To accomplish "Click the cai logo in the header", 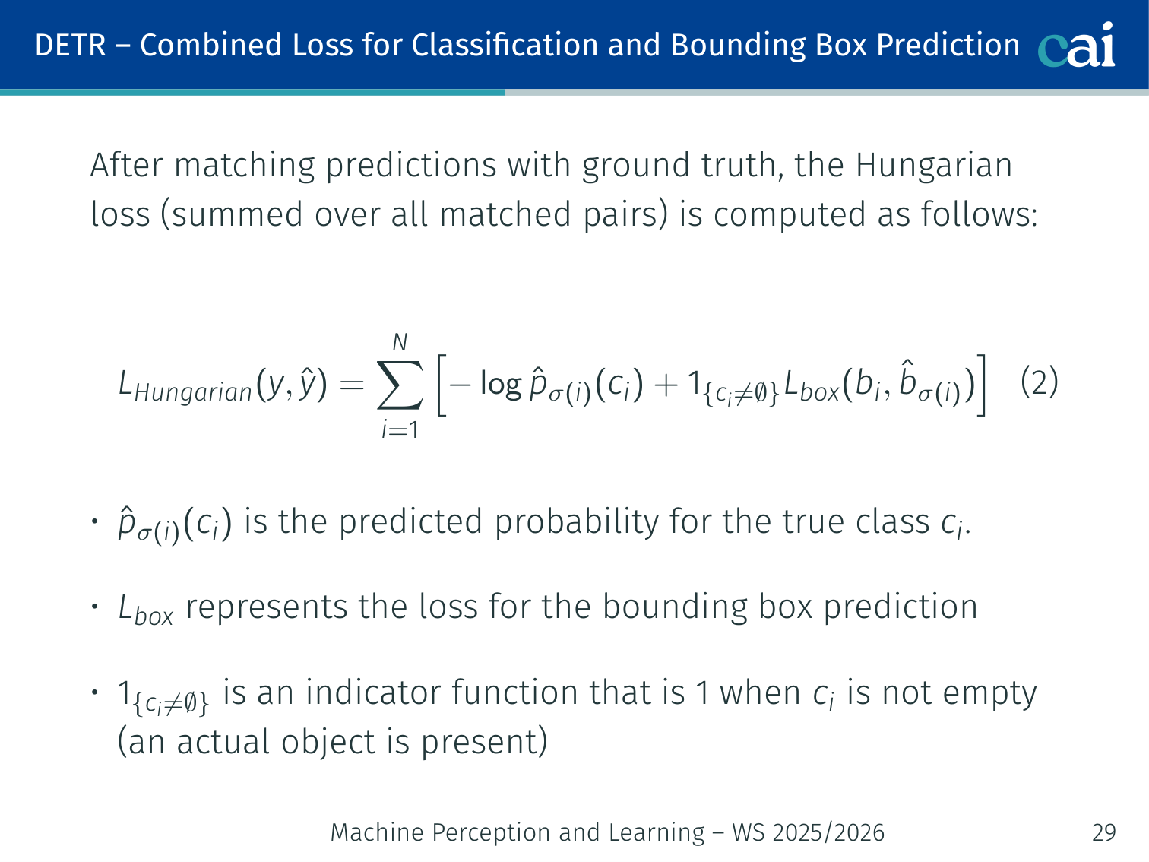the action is pyautogui.click(x=1076, y=45).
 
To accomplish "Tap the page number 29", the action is pyautogui.click(x=1104, y=832).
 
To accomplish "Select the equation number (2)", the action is pyautogui.click(x=1040, y=382).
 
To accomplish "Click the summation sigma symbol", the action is pyautogui.click(x=400, y=385).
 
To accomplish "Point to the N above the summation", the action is pyautogui.click(x=400, y=343).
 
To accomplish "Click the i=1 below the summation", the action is pyautogui.click(x=400, y=430).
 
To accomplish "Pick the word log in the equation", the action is pyautogui.click(x=501, y=385).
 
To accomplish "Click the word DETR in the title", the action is pyautogui.click(x=71, y=45).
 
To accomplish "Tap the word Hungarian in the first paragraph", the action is pyautogui.click(x=933, y=166).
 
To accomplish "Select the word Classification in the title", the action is pyautogui.click(x=505, y=45).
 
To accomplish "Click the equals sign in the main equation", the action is pyautogui.click(x=352, y=385).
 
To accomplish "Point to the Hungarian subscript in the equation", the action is pyautogui.click(x=192, y=392).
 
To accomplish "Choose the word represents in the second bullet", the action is pyautogui.click(x=267, y=607).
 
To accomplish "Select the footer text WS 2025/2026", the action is pyautogui.click(x=809, y=832).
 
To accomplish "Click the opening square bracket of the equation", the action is pyautogui.click(x=442, y=385).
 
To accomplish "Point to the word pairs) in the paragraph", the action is pyautogui.click(x=625, y=214).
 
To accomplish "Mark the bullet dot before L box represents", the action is pyautogui.click(x=94, y=607).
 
